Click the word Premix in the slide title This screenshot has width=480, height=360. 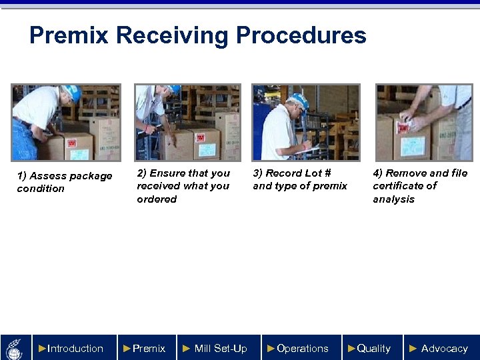pos(69,35)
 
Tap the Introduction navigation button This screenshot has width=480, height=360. pos(75,348)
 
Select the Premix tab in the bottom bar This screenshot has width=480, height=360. pos(147,348)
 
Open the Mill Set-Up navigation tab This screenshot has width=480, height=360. pos(219,348)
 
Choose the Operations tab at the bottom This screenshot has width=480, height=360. pos(301,348)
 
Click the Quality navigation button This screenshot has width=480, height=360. pos(373,348)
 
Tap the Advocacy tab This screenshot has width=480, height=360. pos(442,348)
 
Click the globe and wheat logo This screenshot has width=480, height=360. pos(15,349)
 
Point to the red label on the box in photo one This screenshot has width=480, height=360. pos(71,143)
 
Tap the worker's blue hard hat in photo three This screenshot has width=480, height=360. pos(299,100)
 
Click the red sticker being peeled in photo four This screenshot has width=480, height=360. pos(404,127)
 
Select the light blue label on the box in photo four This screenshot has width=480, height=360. pos(413,146)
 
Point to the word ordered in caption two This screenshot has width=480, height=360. pos(157,199)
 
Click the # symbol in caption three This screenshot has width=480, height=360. pos(327,173)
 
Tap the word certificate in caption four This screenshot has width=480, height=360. pos(405,186)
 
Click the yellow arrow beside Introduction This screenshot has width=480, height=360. pos(42,349)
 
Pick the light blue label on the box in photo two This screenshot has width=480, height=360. pos(207,150)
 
